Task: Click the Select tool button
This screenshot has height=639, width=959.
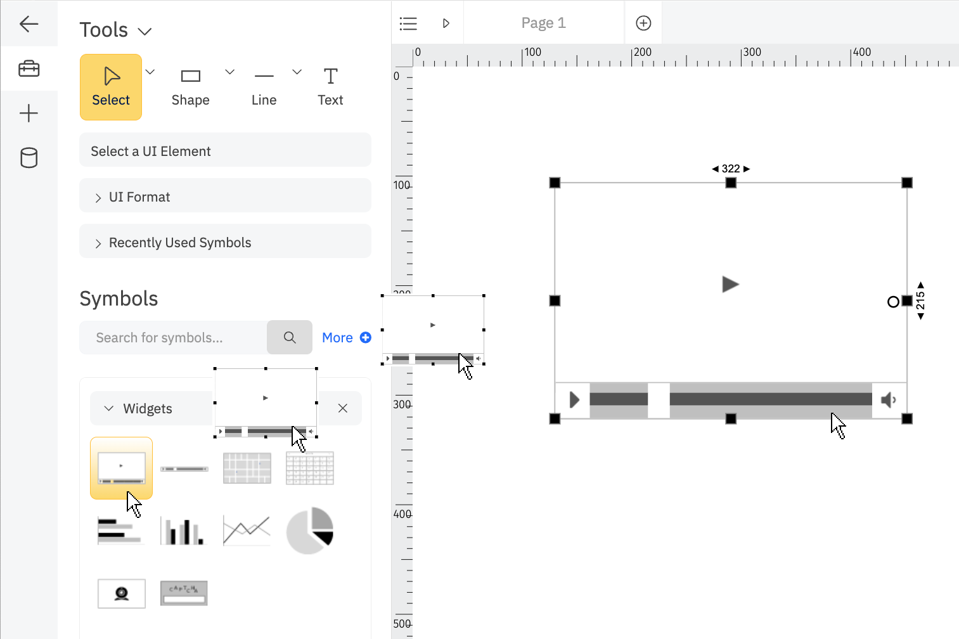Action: click(111, 87)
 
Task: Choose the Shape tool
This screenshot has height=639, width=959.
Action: click(190, 87)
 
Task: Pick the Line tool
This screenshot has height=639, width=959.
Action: click(264, 87)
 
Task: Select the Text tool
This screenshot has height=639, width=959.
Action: click(330, 87)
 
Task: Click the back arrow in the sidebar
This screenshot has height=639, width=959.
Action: click(29, 24)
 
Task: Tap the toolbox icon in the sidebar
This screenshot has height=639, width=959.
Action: click(29, 68)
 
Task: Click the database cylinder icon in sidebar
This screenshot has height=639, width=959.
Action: click(29, 158)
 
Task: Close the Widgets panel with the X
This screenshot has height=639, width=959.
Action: click(343, 408)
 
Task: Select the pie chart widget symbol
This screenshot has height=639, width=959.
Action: click(310, 531)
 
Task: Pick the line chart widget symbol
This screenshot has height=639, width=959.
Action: click(247, 531)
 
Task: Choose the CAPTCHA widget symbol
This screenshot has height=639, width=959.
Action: click(184, 593)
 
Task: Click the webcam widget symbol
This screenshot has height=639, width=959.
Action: click(122, 593)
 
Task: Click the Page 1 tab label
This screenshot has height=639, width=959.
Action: click(543, 23)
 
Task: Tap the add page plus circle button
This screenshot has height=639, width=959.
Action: click(643, 23)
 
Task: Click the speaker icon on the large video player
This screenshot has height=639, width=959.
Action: click(889, 400)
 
